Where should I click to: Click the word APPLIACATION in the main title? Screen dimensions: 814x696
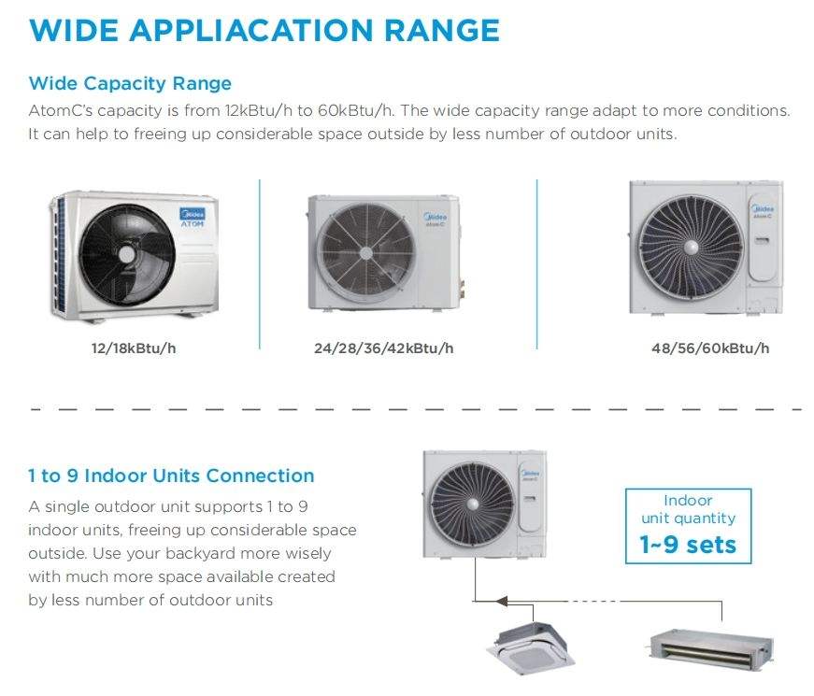click(x=250, y=30)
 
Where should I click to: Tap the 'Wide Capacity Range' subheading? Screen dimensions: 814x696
click(x=130, y=83)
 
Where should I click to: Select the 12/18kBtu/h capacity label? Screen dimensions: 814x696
click(x=134, y=348)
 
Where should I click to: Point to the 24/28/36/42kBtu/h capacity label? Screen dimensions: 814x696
click(x=384, y=348)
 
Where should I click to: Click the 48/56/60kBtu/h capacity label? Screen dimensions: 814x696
click(x=710, y=348)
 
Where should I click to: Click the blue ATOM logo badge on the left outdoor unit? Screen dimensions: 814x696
click(x=193, y=217)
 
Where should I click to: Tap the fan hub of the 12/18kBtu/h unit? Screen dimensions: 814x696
click(x=127, y=255)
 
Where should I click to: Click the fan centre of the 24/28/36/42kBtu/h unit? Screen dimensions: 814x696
click(x=366, y=253)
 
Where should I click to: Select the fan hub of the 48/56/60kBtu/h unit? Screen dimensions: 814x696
click(x=691, y=248)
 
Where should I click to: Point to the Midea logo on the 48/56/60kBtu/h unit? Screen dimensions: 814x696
click(x=762, y=208)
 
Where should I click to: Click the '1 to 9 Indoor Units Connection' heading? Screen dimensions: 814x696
click(x=171, y=476)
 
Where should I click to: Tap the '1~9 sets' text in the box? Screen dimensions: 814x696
click(x=688, y=545)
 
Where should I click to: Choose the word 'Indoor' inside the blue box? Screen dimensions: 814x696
click(x=688, y=501)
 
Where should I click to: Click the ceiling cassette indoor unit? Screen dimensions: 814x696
click(x=531, y=646)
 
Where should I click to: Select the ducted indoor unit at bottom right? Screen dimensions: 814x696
click(x=711, y=647)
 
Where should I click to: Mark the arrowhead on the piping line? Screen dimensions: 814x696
click(x=502, y=601)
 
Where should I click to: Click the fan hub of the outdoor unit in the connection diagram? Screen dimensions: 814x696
click(x=472, y=504)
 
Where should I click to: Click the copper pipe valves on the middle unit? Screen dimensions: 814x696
click(x=461, y=289)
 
